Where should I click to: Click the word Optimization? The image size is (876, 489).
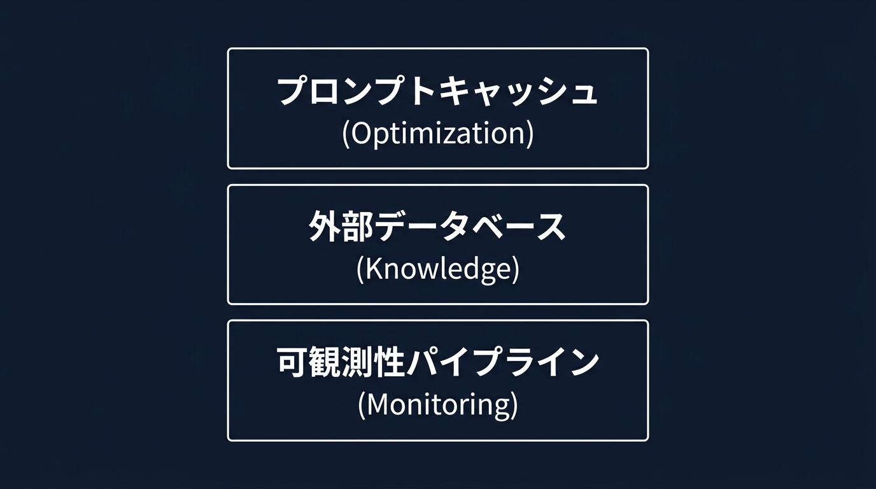[438, 134]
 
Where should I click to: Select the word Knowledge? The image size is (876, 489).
[438, 270]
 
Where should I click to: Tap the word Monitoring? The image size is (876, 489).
[438, 406]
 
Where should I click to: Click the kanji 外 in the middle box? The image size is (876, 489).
[325, 227]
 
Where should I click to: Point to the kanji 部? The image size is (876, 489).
[357, 227]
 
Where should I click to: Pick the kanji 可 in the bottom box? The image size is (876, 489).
[293, 362]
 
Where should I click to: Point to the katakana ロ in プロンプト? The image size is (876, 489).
[325, 91]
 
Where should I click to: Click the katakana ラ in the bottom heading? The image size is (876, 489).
[519, 362]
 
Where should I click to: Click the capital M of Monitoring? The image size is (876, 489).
[378, 405]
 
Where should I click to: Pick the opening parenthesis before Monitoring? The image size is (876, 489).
[362, 406]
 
